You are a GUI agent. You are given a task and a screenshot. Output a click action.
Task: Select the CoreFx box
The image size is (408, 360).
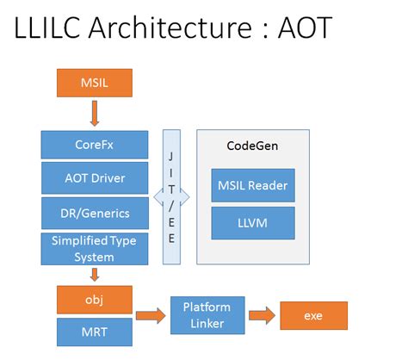pos(94,145)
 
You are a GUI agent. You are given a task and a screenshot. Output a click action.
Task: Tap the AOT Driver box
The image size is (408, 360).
pos(94,178)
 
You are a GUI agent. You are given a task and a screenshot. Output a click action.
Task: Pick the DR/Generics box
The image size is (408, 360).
pos(94,212)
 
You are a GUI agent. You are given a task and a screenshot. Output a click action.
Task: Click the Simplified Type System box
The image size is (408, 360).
pos(94,248)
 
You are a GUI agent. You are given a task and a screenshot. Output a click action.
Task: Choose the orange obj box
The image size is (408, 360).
pos(94,300)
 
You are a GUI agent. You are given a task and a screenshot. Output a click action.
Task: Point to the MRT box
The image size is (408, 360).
pos(94,332)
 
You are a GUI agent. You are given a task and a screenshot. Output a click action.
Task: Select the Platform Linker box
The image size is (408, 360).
pos(205,315)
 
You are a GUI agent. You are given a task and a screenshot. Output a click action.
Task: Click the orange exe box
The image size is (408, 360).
pos(313,316)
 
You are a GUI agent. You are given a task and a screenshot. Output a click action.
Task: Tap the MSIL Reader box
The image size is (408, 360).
pos(252,185)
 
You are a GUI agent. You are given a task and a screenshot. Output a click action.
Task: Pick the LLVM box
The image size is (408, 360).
pos(252,223)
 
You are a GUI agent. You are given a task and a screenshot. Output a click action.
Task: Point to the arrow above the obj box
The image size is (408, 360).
pos(94,275)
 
